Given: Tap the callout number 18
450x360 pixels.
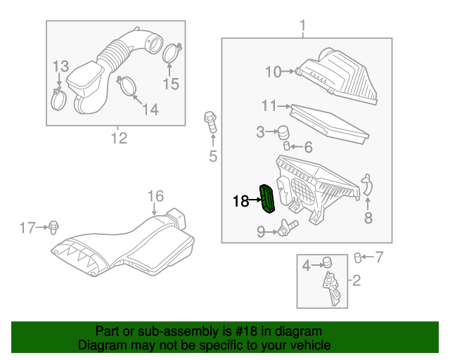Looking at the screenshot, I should click(240, 202).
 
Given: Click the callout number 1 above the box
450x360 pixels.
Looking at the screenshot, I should click(303, 28).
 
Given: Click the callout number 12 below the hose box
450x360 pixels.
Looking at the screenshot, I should click(118, 138).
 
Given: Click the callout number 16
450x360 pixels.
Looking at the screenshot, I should click(155, 195).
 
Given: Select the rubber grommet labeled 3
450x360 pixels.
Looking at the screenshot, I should click(284, 131).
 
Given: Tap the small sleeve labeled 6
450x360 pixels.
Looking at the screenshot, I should click(287, 146).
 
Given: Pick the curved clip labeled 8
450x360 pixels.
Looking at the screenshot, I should click(366, 186).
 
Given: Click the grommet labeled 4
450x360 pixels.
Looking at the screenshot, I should click(326, 264).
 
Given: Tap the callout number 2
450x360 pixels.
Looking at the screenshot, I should click(356, 282).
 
